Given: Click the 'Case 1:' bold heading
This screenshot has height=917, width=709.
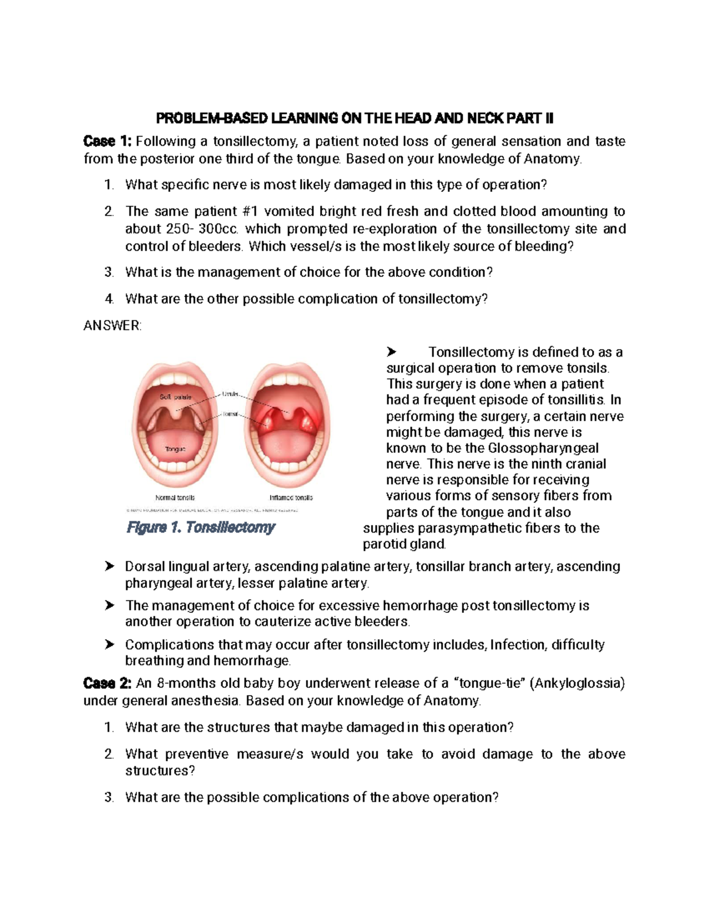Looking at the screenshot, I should (x=109, y=141).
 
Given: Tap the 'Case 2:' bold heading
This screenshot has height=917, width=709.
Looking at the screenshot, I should (x=108, y=683).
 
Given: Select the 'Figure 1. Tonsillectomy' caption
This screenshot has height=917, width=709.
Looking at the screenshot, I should (x=201, y=527).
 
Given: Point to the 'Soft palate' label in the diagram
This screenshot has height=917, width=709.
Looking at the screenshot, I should (x=175, y=397).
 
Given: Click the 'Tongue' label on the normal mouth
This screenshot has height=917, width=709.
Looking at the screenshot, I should (x=175, y=449).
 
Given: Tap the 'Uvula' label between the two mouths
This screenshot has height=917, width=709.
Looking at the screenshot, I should (x=230, y=393).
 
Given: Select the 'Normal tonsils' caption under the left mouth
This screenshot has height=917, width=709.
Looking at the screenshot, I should (x=175, y=498).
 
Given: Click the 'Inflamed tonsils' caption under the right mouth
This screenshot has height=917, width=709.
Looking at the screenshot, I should (x=291, y=498).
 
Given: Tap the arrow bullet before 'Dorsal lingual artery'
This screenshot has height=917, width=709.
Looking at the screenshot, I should (x=109, y=567).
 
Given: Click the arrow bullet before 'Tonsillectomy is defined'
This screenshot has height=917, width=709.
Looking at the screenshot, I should (x=391, y=353).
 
